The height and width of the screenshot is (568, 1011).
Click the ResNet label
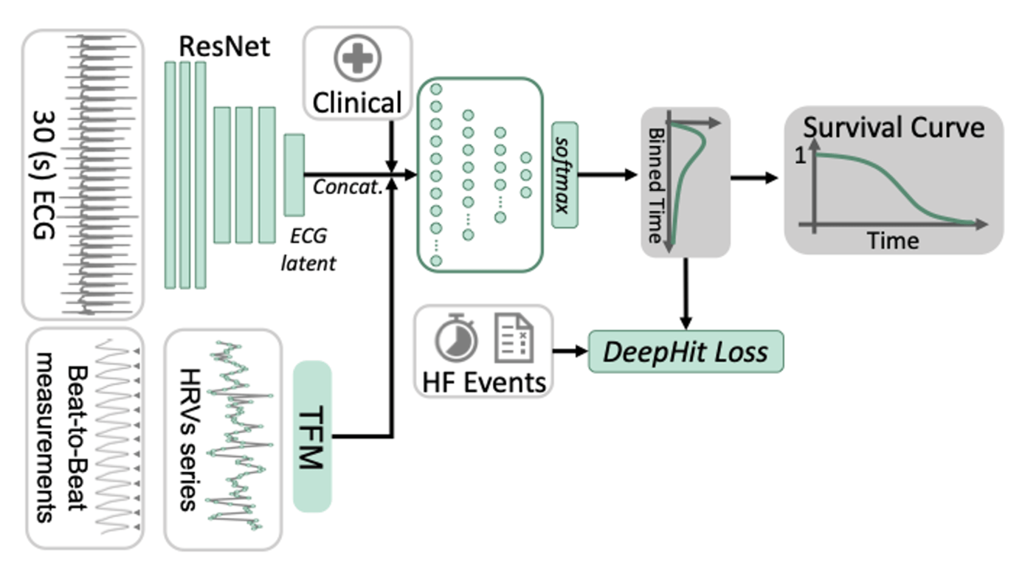point(225,46)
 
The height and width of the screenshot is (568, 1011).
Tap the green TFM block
point(312,437)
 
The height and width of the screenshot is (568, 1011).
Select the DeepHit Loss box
point(685,352)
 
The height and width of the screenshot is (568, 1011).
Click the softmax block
point(565,175)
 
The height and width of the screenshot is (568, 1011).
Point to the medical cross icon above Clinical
point(358,58)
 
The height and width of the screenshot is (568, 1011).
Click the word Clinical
point(358,103)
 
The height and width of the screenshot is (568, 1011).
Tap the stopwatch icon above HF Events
point(455,338)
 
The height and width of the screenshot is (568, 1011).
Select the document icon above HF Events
point(513,338)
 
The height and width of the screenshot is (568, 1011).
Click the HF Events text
point(484,381)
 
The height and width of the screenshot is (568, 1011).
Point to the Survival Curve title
point(894,128)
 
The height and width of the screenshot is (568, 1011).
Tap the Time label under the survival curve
point(893,240)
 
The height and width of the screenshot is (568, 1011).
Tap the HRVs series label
point(188,440)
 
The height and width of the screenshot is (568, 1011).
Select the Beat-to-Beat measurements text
point(63,438)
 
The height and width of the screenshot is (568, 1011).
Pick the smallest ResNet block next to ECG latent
point(294,174)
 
